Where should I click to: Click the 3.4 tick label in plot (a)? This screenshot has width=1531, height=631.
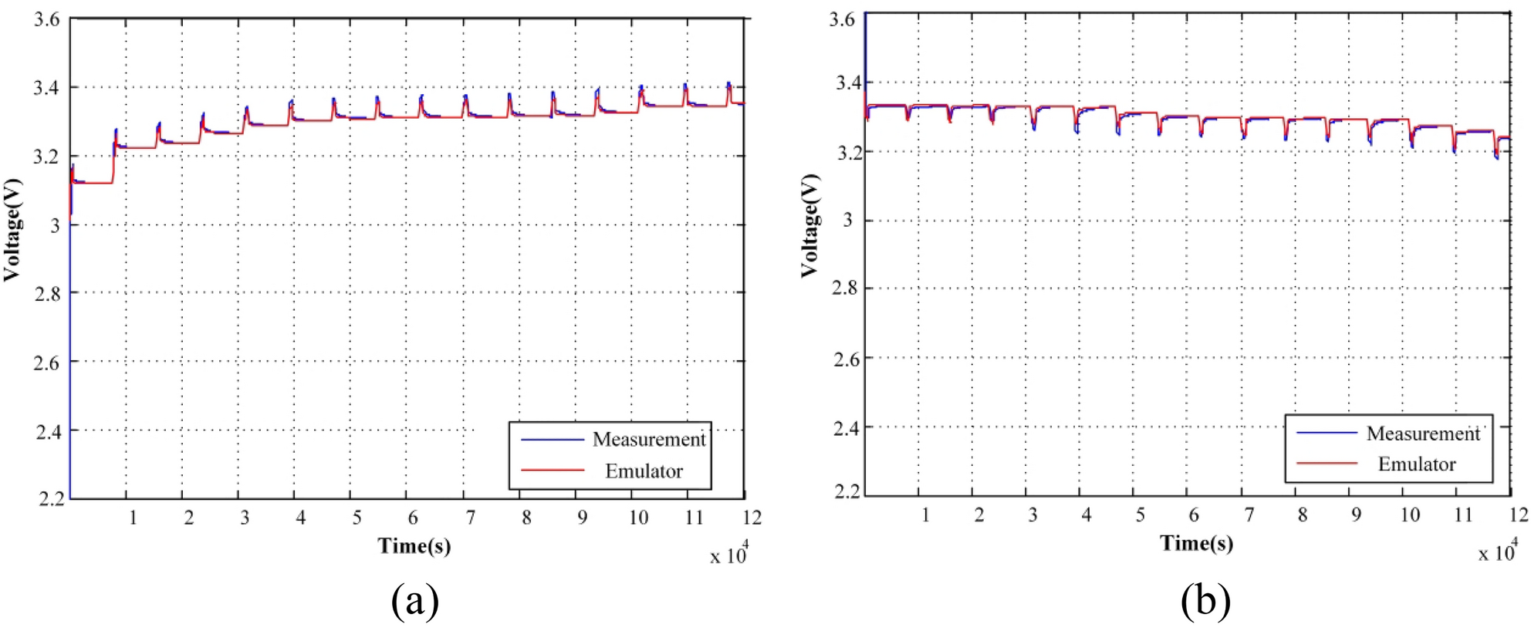(x=46, y=88)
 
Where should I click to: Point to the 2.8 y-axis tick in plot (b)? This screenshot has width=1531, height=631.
(x=844, y=289)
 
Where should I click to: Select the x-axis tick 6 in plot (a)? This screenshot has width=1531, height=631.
(x=413, y=518)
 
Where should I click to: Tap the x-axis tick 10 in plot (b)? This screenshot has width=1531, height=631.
(x=1409, y=515)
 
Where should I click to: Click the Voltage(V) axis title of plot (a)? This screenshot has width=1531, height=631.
(x=12, y=230)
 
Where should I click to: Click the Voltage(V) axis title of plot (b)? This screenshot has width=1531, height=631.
(x=809, y=225)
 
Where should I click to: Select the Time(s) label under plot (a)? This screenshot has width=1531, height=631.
(x=414, y=546)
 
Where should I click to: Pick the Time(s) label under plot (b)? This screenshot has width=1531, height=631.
(x=1196, y=543)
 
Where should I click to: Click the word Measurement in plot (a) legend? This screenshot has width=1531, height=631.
(x=648, y=440)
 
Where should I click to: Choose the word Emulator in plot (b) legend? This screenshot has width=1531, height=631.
(x=1416, y=464)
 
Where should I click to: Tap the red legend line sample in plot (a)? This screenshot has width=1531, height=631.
(x=553, y=469)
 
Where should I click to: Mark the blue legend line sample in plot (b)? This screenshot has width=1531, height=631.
(x=1327, y=433)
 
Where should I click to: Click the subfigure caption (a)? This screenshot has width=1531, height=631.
(x=415, y=600)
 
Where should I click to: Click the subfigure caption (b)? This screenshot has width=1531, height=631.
(x=1205, y=600)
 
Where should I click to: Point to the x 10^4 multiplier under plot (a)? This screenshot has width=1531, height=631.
(x=728, y=554)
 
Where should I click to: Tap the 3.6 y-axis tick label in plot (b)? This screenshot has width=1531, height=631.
(x=842, y=19)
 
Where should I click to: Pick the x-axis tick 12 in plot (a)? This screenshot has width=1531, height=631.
(x=752, y=518)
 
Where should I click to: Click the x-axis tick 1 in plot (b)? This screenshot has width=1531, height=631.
(x=925, y=515)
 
